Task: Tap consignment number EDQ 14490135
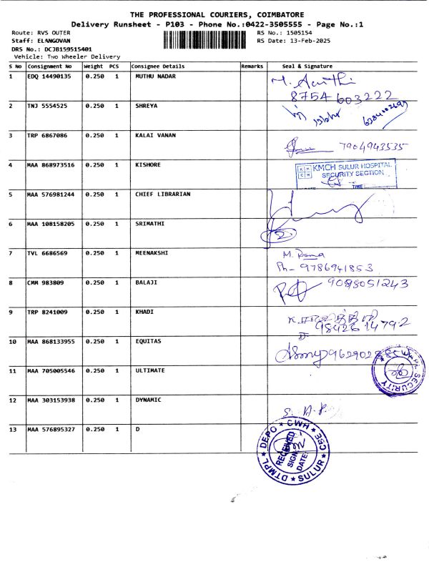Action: pos(49,76)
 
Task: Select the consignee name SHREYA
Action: pos(147,106)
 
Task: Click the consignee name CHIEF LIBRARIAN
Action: pos(163,194)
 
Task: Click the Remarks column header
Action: pos(252,66)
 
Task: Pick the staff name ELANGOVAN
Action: pos(45,41)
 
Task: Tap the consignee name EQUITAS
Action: pos(148,341)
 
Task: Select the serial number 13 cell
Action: pos(13,429)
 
